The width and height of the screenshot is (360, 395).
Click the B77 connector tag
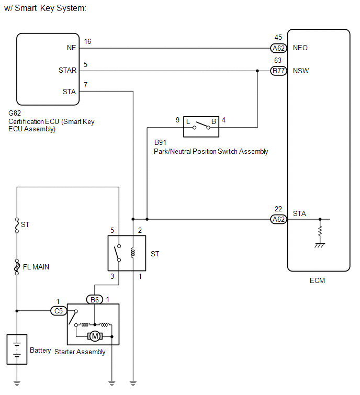pos(278,71)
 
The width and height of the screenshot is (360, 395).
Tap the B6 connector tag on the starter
pos(95,300)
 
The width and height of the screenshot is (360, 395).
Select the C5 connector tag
pos(59,311)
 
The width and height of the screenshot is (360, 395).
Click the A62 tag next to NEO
pos(278,48)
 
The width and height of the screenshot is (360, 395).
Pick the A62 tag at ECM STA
pos(278,219)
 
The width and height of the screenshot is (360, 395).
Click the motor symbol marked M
pos(95,336)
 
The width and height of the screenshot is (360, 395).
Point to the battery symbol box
pos(17,349)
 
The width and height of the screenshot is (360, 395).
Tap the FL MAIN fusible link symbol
pos(17,267)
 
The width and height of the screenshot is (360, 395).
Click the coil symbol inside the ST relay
pos(133,253)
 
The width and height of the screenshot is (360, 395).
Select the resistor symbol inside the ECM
pos(320,231)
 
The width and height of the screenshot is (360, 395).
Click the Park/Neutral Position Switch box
pos(201,127)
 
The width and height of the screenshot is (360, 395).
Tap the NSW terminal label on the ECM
pos(301,71)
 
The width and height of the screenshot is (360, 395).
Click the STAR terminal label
pos(67,70)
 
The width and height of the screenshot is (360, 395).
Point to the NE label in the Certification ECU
pos(71,48)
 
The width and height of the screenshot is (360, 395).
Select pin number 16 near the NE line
pos(87,41)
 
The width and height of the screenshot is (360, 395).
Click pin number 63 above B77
pos(278,60)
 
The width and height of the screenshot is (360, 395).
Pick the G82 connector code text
pos(15,113)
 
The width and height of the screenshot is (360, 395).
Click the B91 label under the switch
pos(160,142)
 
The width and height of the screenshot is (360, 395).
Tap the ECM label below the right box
pos(317,280)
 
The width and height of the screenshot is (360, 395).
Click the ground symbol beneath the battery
pos(17,383)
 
